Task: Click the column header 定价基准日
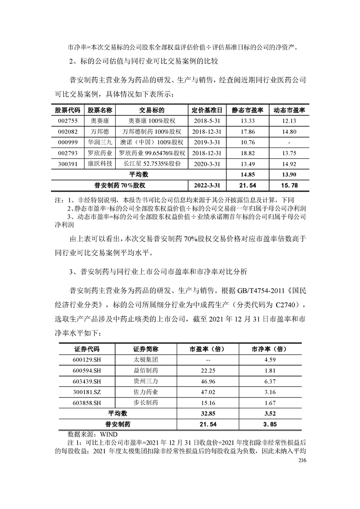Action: [x=207, y=110]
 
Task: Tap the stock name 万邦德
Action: [x=100, y=131]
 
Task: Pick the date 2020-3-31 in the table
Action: [x=207, y=163]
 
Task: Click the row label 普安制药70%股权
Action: [x=119, y=185]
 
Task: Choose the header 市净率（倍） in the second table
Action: [x=268, y=349]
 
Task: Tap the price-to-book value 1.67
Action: [x=268, y=402]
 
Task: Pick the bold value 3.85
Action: [x=268, y=425]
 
